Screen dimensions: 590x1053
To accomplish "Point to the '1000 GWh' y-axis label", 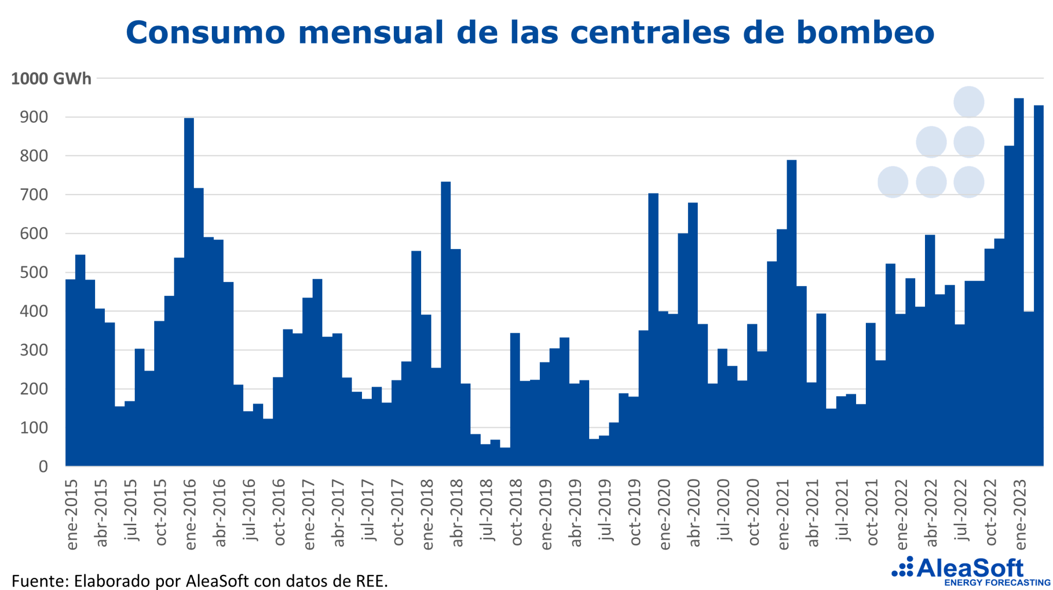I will [x=51, y=79].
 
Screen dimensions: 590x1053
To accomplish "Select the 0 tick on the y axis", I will [x=43, y=466].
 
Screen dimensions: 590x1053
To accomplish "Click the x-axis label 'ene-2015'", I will [x=71, y=514].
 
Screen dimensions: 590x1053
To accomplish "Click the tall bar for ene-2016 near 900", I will [x=189, y=288].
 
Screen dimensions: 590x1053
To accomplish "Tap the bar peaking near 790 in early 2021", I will [x=791, y=309].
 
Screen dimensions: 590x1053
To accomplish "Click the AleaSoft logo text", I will [x=970, y=568].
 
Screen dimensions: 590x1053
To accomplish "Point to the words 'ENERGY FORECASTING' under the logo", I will [x=997, y=583].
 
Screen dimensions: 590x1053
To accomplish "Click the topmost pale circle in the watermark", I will [x=969, y=102].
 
